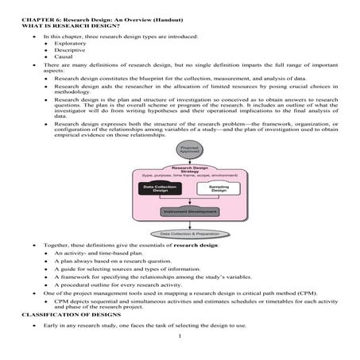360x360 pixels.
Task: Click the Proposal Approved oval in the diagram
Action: [x=189, y=150]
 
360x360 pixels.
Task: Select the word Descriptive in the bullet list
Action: [x=68, y=50]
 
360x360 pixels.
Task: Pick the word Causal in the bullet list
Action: [x=62, y=57]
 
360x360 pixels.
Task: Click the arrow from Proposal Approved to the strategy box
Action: [x=189, y=159]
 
